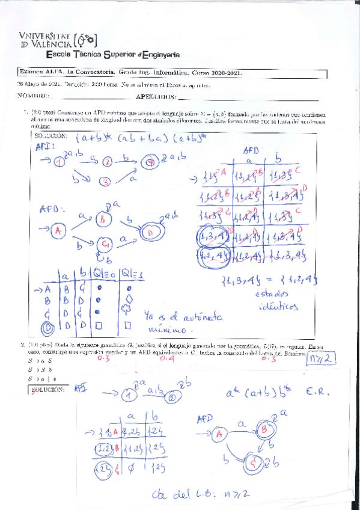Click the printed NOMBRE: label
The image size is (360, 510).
[x=33, y=96]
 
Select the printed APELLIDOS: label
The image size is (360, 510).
[x=156, y=96]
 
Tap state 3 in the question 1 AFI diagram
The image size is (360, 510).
[x=106, y=181]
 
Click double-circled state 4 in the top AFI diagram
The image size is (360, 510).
[x=151, y=161]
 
